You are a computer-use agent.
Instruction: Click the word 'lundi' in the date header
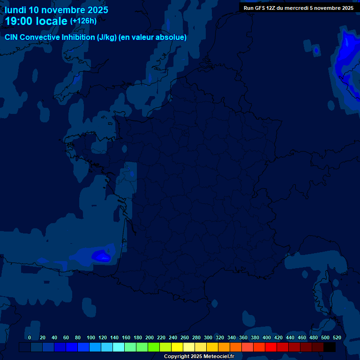(15, 10)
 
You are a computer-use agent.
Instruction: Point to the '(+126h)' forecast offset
(83, 21)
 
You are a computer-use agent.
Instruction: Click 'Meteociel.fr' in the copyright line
(218, 357)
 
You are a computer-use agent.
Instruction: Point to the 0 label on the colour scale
(30, 337)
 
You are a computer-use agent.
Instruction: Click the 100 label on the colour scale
(91, 337)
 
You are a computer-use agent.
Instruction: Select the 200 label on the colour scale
(150, 337)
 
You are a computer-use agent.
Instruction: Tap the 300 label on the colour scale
(208, 337)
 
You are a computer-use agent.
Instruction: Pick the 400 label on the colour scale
(267, 337)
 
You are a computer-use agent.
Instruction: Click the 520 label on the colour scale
(337, 337)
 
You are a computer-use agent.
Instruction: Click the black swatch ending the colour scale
(330, 347)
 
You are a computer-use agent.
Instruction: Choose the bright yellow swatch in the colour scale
(177, 347)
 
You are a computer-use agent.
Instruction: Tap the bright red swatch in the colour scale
(271, 347)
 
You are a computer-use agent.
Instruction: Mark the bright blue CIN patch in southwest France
(101, 255)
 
